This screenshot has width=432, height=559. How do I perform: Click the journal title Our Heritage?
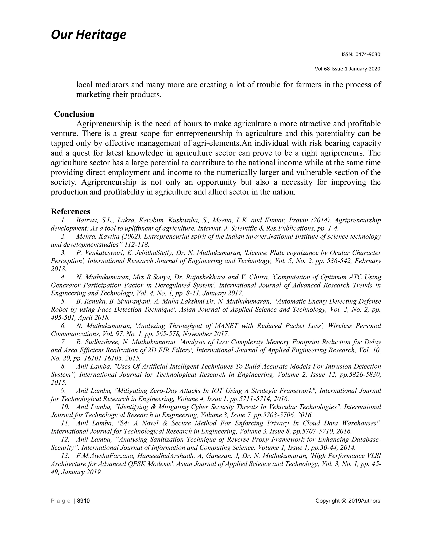(89, 35)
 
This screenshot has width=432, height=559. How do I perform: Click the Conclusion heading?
(74, 114)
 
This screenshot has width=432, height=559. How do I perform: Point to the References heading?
(70, 211)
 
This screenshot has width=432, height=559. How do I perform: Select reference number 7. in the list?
(64, 342)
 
